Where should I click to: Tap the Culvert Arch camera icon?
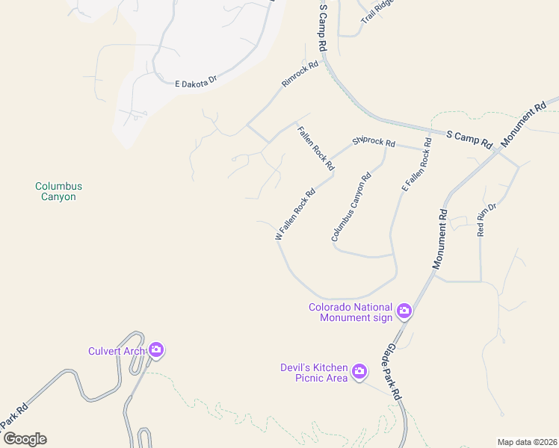[x=156, y=349]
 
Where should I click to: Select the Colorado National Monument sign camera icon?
[x=404, y=311]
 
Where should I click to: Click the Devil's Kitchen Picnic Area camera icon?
[x=359, y=371]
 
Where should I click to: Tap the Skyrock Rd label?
[x=374, y=141]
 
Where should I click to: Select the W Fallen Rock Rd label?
[x=295, y=214]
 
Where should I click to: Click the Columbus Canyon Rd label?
[x=351, y=208]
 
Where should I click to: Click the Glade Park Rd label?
[x=394, y=371]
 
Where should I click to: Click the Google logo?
[x=24, y=439]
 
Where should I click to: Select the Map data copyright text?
[x=527, y=441]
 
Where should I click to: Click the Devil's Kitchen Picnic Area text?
[x=314, y=373]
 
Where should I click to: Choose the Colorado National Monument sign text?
[x=350, y=312]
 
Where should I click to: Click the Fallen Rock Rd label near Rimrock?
[x=315, y=148]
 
